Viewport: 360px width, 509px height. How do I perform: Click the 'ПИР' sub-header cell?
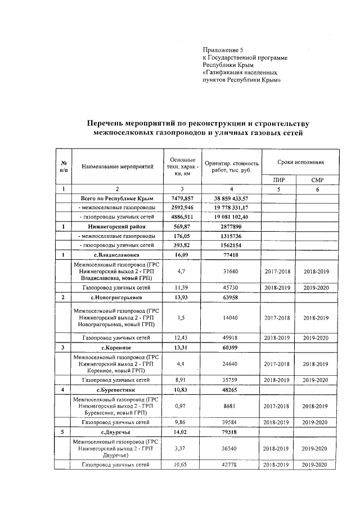[279, 180]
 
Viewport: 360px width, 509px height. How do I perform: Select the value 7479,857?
[182, 199]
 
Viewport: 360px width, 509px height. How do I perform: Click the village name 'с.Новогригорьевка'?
[117, 296]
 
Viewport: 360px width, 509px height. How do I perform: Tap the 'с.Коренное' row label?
[117, 348]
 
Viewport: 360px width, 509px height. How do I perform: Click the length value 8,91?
[182, 380]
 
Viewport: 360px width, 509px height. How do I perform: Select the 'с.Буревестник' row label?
[117, 389]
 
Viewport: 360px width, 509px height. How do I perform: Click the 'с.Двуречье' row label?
[117, 431]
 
